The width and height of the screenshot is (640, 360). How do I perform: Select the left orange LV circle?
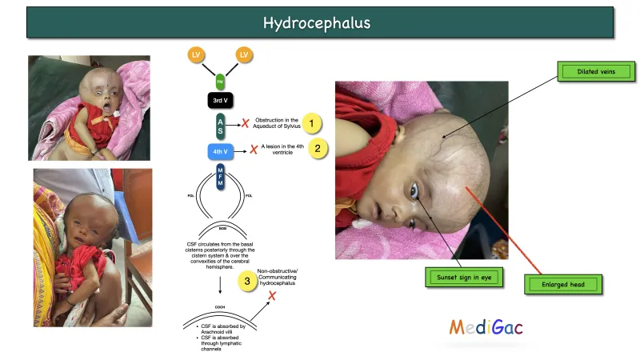pyautogui.click(x=195, y=54)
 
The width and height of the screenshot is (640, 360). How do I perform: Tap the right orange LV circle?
pyautogui.click(x=244, y=54)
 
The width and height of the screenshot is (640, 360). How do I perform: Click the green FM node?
pyautogui.click(x=220, y=81)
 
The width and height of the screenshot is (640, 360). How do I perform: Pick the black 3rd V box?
pyautogui.click(x=220, y=101)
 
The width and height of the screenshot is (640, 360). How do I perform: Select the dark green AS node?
pyautogui.click(x=220, y=125)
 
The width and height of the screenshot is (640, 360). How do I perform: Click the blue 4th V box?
pyautogui.click(x=220, y=150)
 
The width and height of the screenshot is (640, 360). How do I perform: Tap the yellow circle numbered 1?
pyautogui.click(x=312, y=123)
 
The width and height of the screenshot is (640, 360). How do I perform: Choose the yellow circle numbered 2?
pyautogui.click(x=318, y=148)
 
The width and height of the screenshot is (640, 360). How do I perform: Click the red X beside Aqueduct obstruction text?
pyautogui.click(x=246, y=123)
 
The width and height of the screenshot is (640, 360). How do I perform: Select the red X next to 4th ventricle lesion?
pyautogui.click(x=253, y=149)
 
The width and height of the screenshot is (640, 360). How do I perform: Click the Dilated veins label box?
pyautogui.click(x=594, y=72)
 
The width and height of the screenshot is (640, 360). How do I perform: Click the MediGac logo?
pyautogui.click(x=486, y=326)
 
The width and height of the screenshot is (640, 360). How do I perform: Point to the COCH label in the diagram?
pyautogui.click(x=219, y=306)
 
